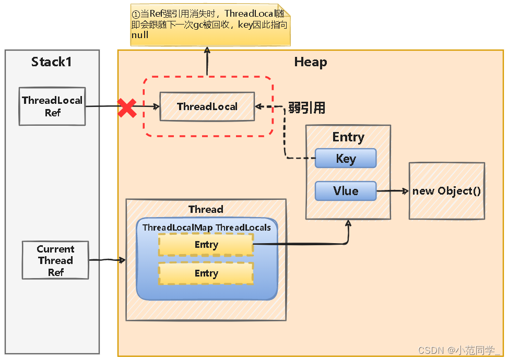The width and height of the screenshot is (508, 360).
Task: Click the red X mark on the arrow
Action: [127, 107]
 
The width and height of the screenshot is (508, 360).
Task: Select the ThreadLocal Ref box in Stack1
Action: [52, 106]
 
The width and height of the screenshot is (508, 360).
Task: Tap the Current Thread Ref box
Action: [55, 260]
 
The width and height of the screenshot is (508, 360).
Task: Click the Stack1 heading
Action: [51, 62]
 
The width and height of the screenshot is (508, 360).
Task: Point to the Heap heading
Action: [310, 62]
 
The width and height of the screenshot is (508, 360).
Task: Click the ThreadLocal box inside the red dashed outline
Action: [207, 107]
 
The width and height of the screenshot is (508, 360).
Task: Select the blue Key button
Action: [345, 159]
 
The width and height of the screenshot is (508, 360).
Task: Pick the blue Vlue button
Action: [345, 191]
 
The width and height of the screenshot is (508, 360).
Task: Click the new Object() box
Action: [446, 191]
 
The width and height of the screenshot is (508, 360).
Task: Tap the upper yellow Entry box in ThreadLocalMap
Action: [206, 245]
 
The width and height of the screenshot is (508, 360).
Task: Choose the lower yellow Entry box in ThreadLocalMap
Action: [206, 273]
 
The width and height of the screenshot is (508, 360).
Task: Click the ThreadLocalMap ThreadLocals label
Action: [207, 227]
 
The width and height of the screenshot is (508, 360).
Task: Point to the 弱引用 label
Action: [307, 108]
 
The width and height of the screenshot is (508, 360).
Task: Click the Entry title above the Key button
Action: [348, 137]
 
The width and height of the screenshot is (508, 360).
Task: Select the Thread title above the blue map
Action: [206, 209]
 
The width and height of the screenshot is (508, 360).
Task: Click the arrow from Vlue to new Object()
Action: [392, 191]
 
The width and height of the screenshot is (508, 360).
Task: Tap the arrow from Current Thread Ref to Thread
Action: [108, 260]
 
